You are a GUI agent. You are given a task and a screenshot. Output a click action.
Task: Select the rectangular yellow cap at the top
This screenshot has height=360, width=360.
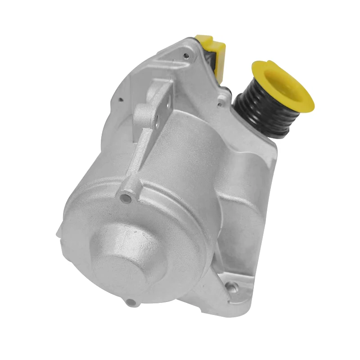[211, 45]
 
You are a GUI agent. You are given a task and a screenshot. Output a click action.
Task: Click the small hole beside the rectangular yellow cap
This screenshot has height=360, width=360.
[185, 56]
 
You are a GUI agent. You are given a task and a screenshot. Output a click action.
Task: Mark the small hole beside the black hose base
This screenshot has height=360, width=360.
[219, 104]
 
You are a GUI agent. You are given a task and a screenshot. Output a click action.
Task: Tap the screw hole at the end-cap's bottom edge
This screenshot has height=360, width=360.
[130, 301]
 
